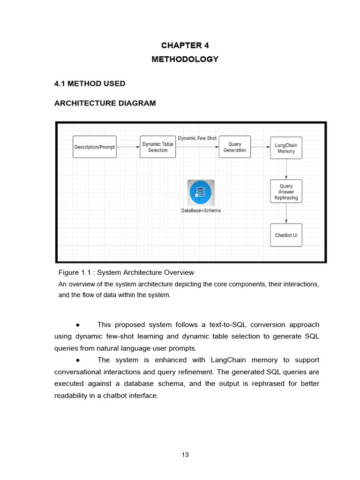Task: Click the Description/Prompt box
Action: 94,147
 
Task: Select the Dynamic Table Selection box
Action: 158,147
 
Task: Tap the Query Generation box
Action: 235,147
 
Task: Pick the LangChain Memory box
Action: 286,148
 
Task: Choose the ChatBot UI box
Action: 286,235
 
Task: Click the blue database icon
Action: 201,192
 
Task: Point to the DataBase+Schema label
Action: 201,210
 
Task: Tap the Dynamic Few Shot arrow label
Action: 197,138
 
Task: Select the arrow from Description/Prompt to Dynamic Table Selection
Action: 128,147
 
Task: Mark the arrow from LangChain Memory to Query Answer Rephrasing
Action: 286,169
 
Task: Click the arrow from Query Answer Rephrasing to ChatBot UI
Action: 286,214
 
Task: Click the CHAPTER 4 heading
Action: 185,45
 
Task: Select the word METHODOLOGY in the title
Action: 185,60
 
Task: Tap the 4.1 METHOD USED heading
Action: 90,84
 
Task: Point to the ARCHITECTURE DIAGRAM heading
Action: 105,103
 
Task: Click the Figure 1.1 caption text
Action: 126,272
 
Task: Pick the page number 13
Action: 185,455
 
